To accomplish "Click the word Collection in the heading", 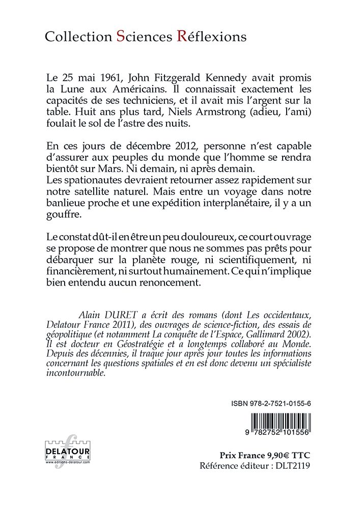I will click(x=77, y=37).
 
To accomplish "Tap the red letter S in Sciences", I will click(x=120, y=36).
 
